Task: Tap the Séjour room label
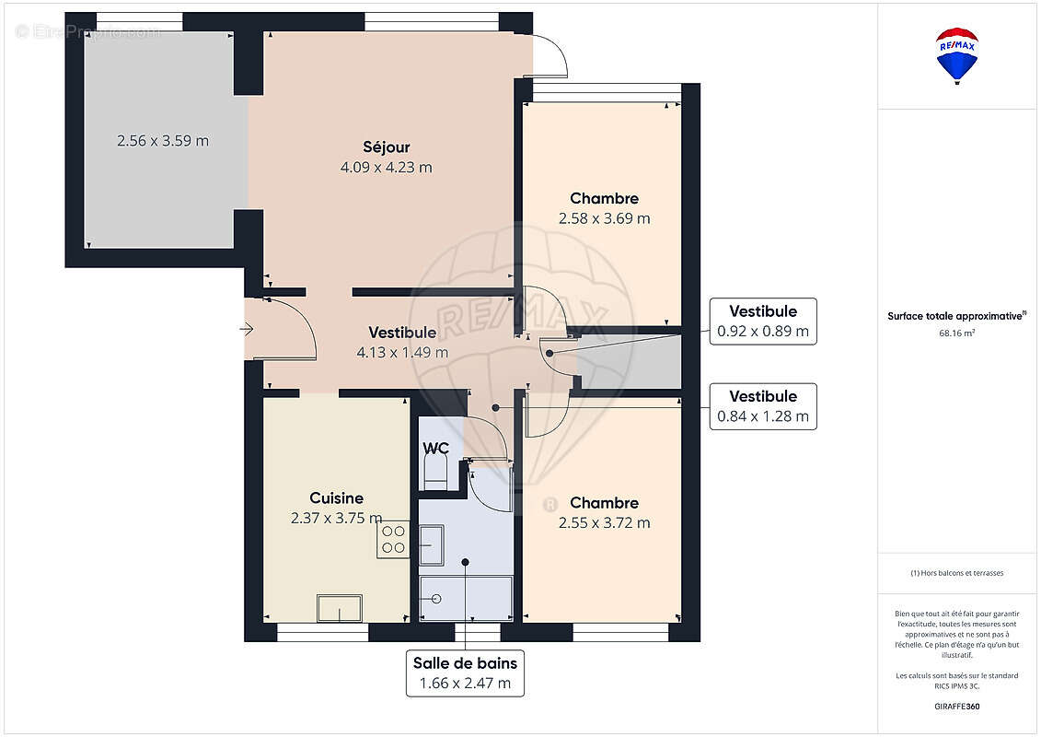tap(386, 147)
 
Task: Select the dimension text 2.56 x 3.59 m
tap(163, 141)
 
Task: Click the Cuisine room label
tap(336, 498)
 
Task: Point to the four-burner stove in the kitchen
tap(393, 539)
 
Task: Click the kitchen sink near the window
tap(340, 608)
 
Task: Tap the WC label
tap(435, 449)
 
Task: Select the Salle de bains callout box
tap(465, 673)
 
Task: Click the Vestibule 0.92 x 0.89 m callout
tap(762, 322)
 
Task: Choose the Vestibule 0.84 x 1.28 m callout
tap(762, 406)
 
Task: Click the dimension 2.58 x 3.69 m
tap(604, 219)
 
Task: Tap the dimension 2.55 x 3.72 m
tap(604, 523)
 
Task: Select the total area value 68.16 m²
tap(956, 333)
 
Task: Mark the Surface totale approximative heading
tap(955, 316)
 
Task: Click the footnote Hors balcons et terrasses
tap(957, 573)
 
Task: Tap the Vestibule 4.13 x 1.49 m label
tap(402, 342)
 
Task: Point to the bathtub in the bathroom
tap(466, 598)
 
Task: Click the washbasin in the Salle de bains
tap(431, 544)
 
